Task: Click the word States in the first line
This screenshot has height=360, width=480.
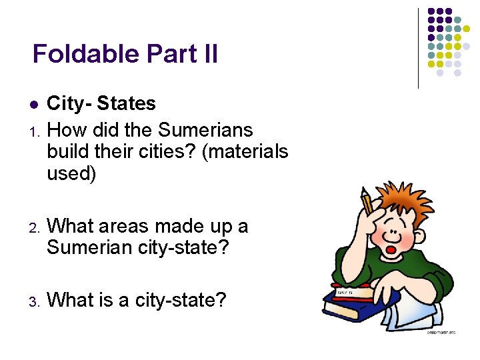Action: coord(126,103)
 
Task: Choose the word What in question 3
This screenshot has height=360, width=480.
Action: coord(71,300)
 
